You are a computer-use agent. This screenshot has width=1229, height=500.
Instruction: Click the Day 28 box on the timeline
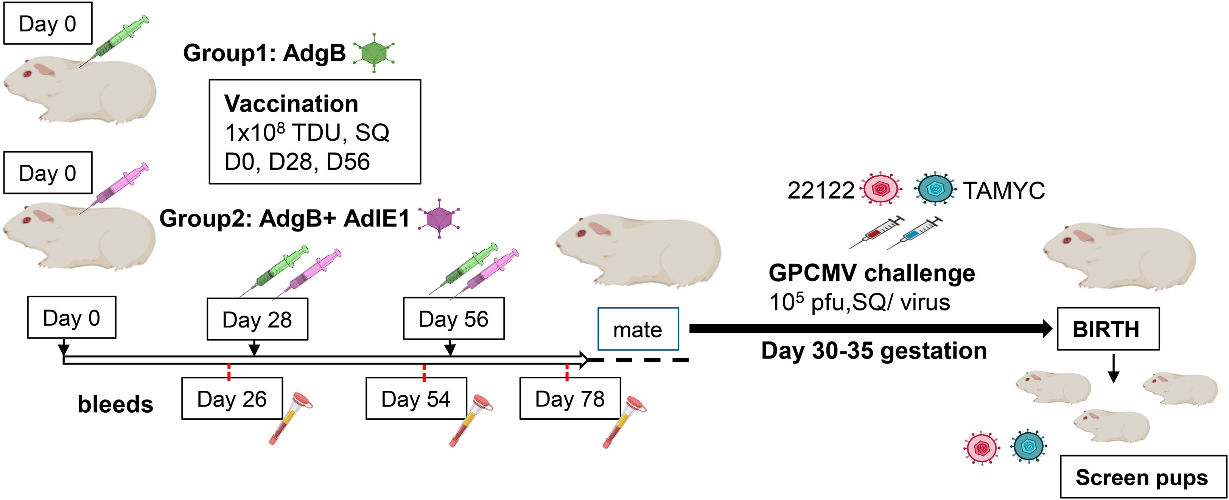[257, 319]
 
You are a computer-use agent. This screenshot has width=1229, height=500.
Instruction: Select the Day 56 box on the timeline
[454, 319]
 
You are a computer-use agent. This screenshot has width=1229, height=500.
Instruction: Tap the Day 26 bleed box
[232, 398]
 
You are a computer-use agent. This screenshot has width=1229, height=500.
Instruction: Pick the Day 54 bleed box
[416, 398]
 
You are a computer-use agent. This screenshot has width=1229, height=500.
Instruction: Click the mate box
[638, 329]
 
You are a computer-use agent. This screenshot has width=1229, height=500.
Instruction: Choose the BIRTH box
[1108, 329]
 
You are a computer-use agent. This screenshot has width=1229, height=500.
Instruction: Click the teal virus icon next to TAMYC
[935, 189]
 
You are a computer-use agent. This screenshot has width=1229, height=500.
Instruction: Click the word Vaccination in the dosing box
[291, 104]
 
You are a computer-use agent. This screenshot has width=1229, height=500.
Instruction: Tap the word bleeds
[115, 405]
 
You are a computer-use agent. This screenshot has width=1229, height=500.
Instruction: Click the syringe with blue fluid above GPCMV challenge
[914, 233]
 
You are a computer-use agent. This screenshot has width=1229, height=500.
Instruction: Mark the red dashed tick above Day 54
[424, 372]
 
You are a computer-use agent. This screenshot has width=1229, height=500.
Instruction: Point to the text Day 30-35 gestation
[874, 351]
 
